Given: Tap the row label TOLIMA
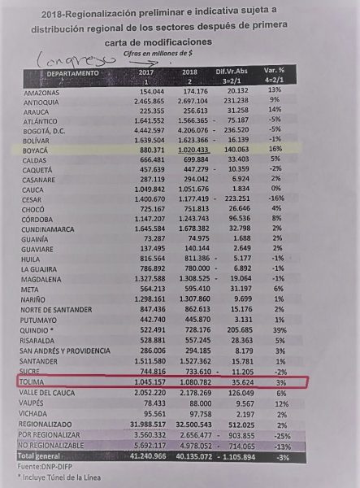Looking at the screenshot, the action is (36, 381).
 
